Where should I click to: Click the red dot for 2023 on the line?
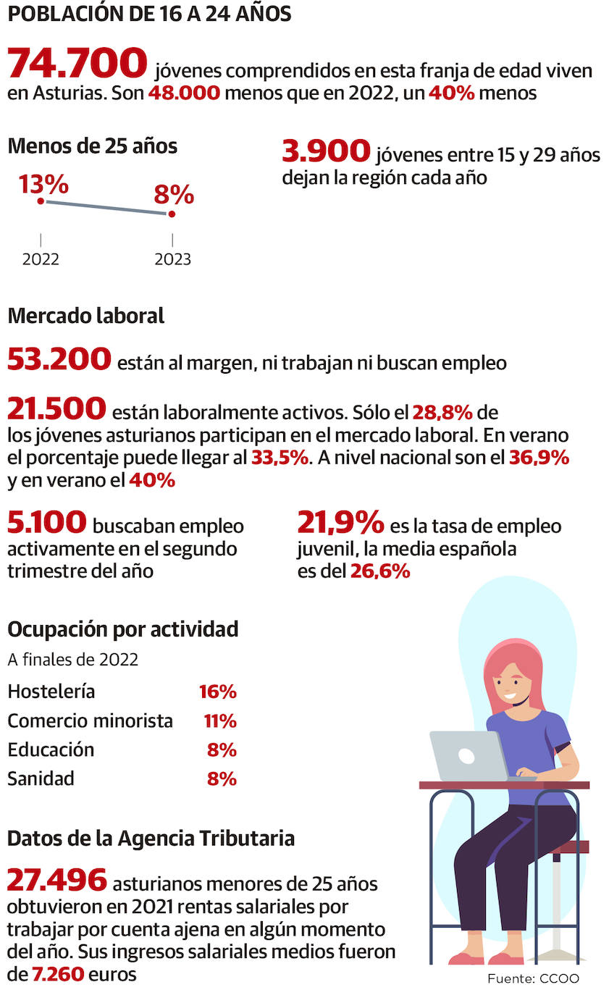pyautogui.click(x=172, y=214)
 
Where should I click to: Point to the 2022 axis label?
pyautogui.click(x=41, y=259)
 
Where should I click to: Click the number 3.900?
pyautogui.click(x=326, y=152)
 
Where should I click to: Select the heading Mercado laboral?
pyautogui.click(x=85, y=316)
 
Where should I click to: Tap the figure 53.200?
pyautogui.click(x=59, y=359)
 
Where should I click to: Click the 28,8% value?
pyautogui.click(x=442, y=413)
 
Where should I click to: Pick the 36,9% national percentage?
pyautogui.click(x=539, y=458)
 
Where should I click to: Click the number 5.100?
pyautogui.click(x=47, y=523)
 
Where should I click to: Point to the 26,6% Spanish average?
pyautogui.click(x=380, y=571)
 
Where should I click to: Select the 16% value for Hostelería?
pyautogui.click(x=218, y=692)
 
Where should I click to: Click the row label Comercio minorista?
pyautogui.click(x=90, y=721)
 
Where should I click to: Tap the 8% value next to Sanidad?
pyautogui.click(x=222, y=779)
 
